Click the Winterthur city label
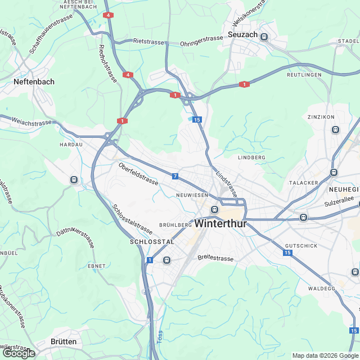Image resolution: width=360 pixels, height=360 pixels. click(x=220, y=223)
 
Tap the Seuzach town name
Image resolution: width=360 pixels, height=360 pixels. click(x=243, y=35)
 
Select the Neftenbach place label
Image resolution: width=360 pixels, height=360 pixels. click(x=34, y=82)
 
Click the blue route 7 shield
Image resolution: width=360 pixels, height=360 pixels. click(x=175, y=177)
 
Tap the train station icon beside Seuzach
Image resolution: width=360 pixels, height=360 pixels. click(x=264, y=37)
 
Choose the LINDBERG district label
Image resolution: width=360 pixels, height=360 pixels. click(x=251, y=158)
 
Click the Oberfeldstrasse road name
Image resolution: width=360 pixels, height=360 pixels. click(x=138, y=173)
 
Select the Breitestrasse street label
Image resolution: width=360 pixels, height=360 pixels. click(x=215, y=258)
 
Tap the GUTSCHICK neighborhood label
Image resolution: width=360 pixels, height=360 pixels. click(x=301, y=246)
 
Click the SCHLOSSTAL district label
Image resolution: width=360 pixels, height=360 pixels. click(x=152, y=241)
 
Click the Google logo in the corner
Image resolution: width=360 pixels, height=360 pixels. click(x=19, y=353)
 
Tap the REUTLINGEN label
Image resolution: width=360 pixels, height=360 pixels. click(x=304, y=75)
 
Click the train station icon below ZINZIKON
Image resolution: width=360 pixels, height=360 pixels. click(x=336, y=129)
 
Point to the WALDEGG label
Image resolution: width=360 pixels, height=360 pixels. click(x=322, y=287)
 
